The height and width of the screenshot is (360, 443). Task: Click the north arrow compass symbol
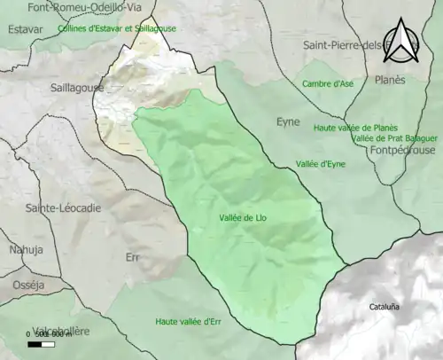(x=402, y=43)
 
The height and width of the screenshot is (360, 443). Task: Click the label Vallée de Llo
(x=242, y=217)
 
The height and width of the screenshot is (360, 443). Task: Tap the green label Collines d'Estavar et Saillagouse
(x=116, y=28)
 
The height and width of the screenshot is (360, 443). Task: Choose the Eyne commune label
(x=289, y=122)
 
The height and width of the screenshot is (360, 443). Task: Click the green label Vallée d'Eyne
(x=321, y=164)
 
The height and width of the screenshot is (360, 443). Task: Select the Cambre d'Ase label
(x=327, y=83)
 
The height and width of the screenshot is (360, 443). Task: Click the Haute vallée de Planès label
(x=355, y=128)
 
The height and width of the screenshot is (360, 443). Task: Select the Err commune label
(x=133, y=256)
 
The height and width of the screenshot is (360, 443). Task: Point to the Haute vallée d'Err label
(x=187, y=321)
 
